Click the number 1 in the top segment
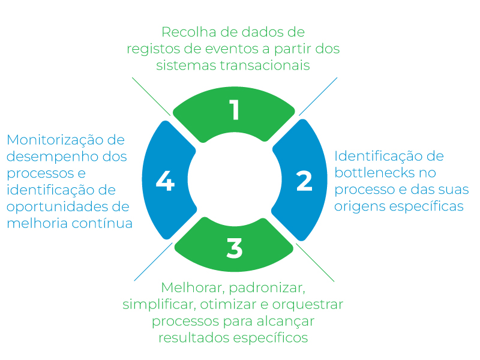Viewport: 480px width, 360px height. point(234,110)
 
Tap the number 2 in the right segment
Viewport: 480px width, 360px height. point(304,181)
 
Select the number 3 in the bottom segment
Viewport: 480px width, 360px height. point(234,248)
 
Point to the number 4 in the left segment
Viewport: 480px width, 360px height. point(164,181)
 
